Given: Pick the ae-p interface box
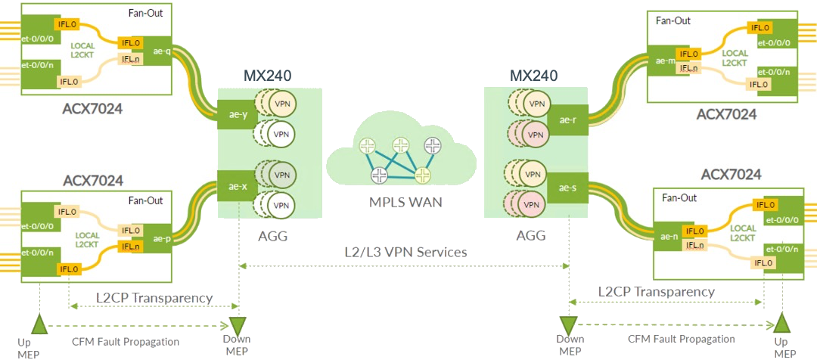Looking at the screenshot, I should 160,238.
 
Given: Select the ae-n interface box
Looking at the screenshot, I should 668,237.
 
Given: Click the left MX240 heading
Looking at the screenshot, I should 267,76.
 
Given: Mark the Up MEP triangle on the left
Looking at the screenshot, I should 37,325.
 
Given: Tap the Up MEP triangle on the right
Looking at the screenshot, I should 782,325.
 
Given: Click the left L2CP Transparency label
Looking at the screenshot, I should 154,297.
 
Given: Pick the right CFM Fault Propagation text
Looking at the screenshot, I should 681,339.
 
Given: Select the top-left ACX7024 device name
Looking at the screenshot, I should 92,109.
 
